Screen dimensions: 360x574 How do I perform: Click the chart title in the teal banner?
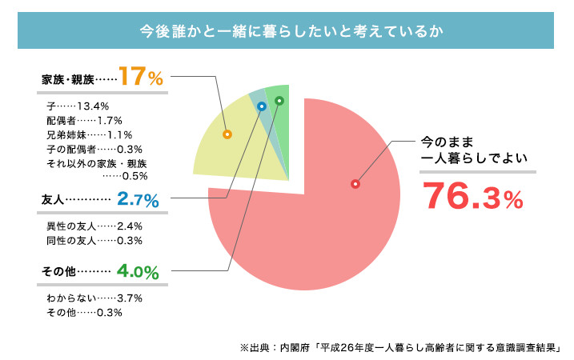pyautogui.click(x=287, y=31)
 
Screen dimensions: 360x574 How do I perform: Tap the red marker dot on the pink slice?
pyautogui.click(x=355, y=184)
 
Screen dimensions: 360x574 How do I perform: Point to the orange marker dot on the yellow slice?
pyautogui.click(x=227, y=134)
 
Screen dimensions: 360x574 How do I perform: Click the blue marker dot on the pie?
pyautogui.click(x=261, y=106)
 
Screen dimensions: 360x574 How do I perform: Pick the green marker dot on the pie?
pyautogui.click(x=279, y=101)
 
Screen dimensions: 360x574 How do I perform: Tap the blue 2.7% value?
pyautogui.click(x=138, y=198)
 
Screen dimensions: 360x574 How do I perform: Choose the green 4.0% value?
pyautogui.click(x=138, y=270)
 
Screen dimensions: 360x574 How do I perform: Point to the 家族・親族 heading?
pyautogui.click(x=67, y=80)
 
